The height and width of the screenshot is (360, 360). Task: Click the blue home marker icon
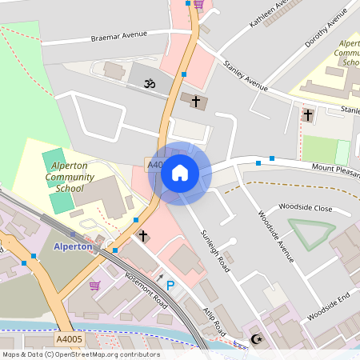tap(180, 173)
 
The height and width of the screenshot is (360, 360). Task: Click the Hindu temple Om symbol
tap(148, 82)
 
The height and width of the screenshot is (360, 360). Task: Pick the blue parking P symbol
tap(170, 285)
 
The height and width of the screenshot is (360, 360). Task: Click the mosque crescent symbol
tap(257, 339)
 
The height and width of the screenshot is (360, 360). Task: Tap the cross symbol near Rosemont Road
tap(143, 236)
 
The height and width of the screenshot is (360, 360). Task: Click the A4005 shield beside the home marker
tap(155, 164)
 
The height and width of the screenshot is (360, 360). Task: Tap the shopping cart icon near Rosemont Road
tap(94, 285)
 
